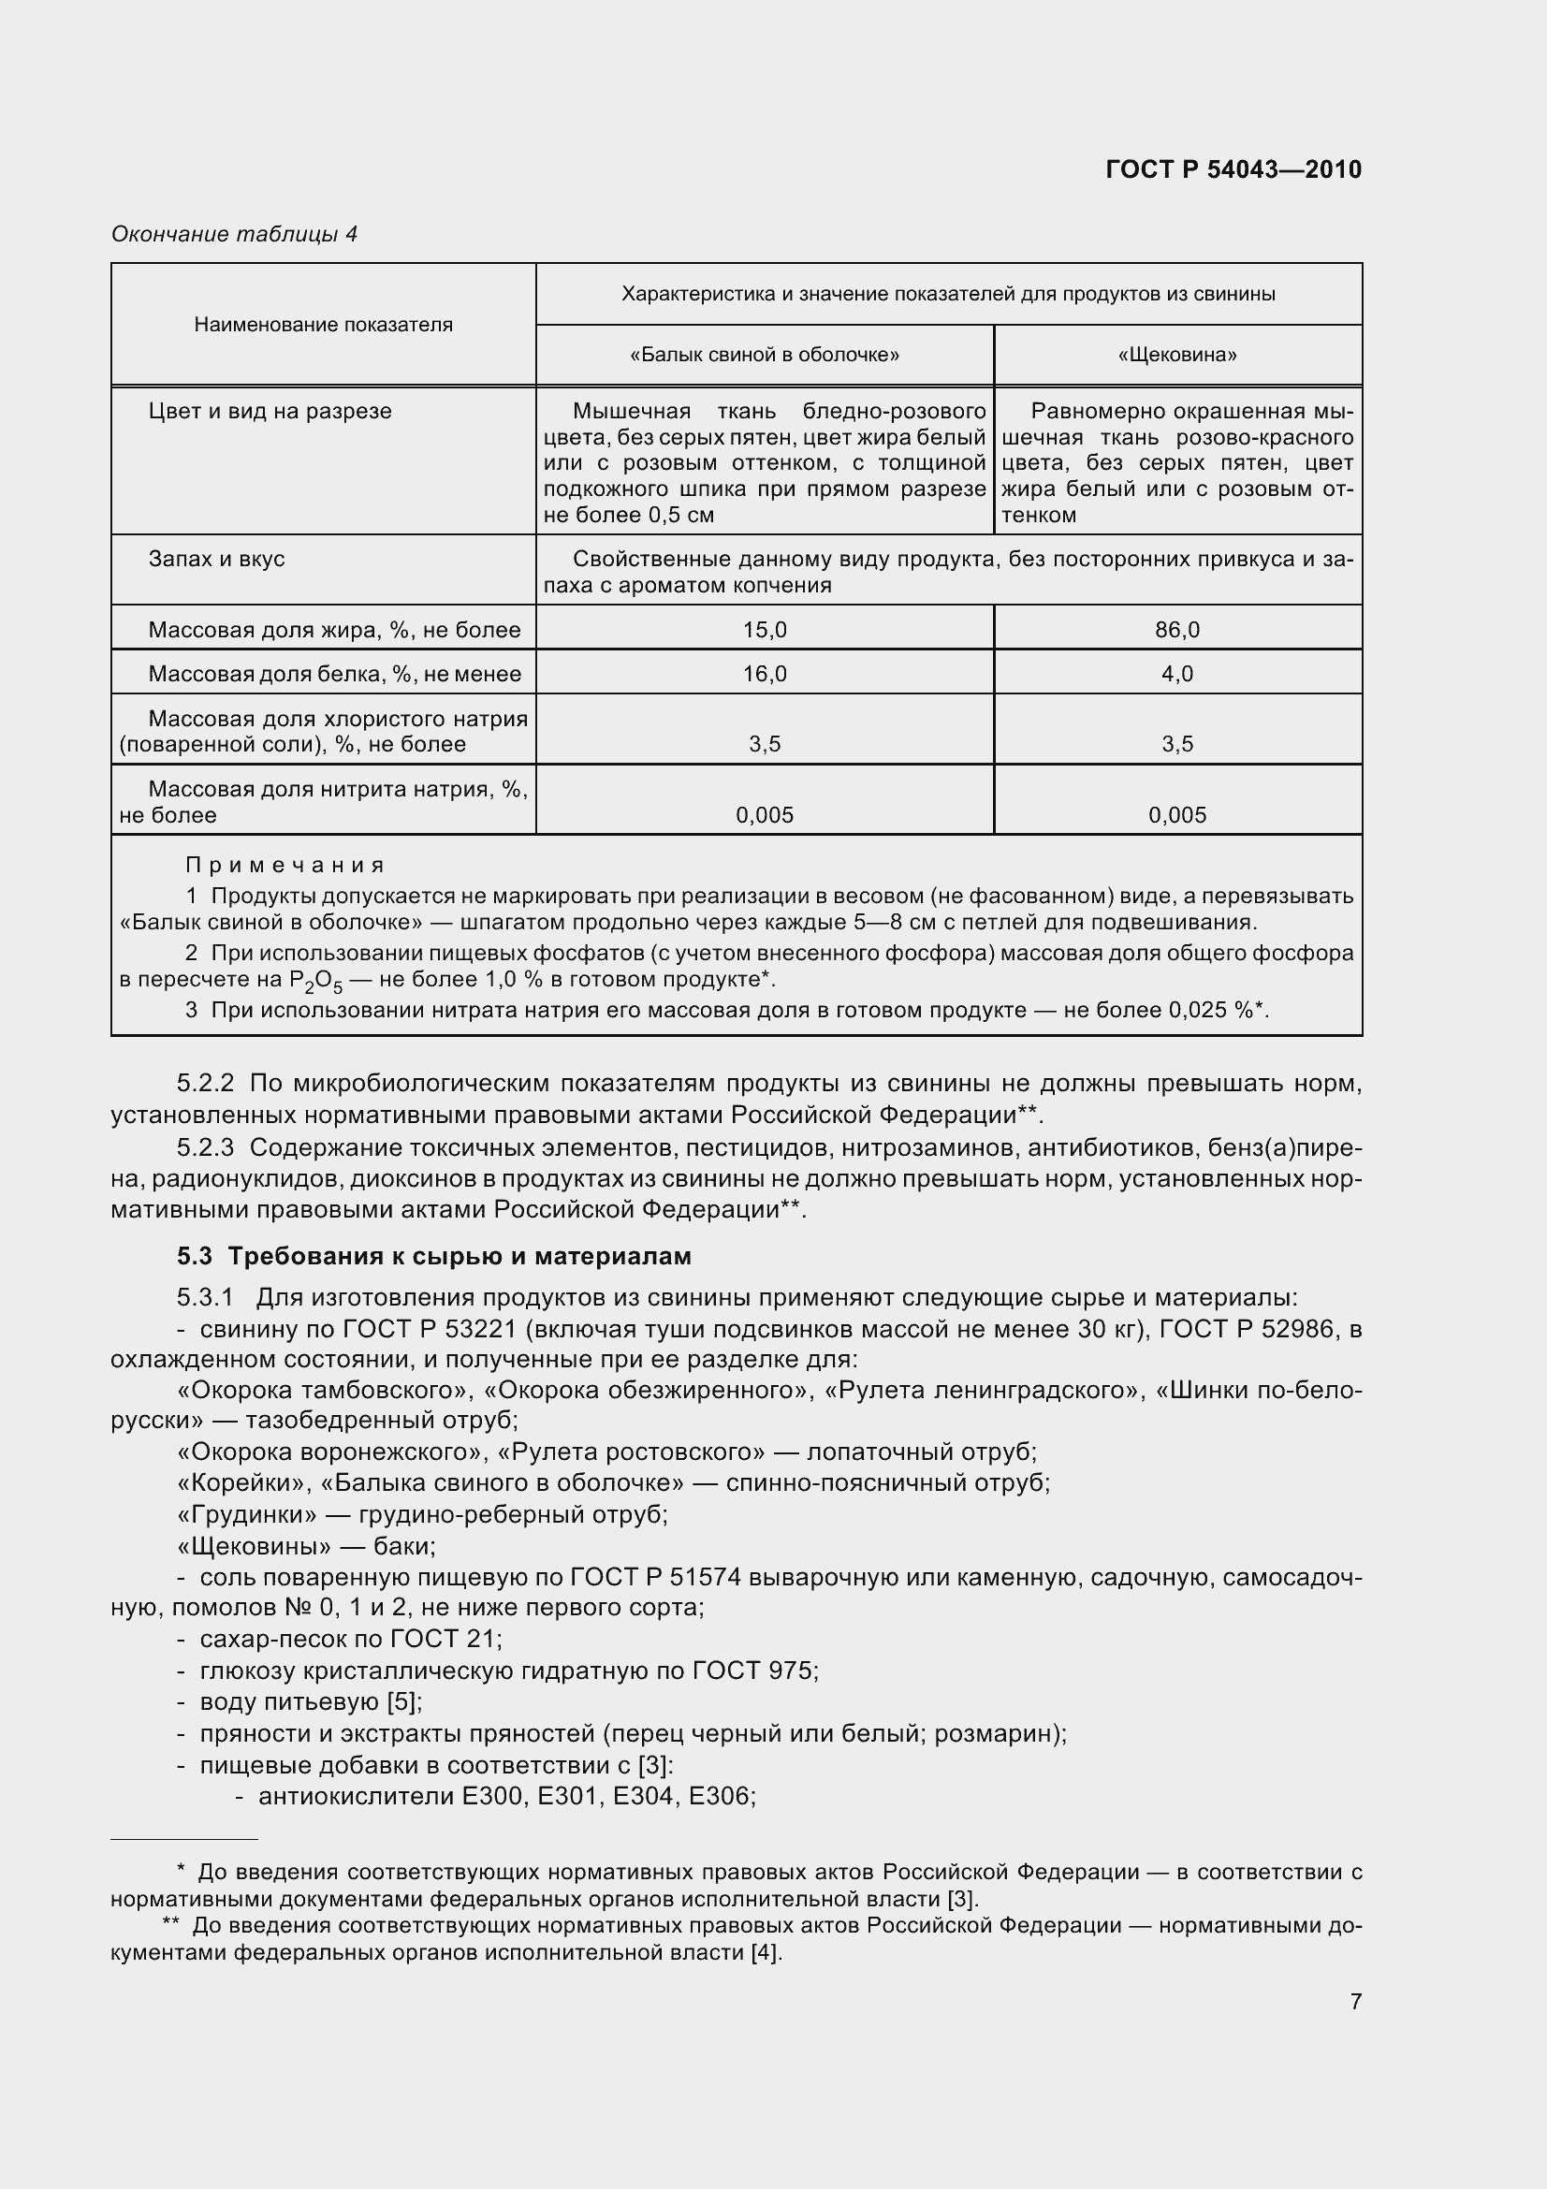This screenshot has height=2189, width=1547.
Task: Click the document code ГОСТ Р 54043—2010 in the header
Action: tap(1233, 169)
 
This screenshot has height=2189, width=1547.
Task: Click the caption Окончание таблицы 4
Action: tap(235, 234)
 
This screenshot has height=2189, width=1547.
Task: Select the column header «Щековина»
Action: tap(1177, 356)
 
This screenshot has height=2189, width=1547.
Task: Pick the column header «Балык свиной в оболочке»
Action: tap(765, 356)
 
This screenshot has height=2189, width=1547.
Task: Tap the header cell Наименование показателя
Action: tap(323, 324)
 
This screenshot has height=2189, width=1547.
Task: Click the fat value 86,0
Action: tap(1177, 629)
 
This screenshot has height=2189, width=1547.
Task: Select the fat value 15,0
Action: tap(765, 629)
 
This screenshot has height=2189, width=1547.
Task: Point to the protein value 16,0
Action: tap(765, 674)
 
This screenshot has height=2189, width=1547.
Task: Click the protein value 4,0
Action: tap(1177, 674)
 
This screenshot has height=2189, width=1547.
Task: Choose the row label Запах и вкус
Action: tap(216, 559)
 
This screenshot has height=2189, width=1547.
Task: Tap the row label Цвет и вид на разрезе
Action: tap(270, 412)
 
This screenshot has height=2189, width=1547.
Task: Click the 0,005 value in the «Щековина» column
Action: tap(1177, 815)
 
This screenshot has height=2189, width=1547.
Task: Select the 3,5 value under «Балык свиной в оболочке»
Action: tap(765, 745)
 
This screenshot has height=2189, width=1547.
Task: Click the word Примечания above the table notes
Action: tap(285, 865)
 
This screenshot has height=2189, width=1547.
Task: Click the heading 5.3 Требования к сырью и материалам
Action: tap(433, 1257)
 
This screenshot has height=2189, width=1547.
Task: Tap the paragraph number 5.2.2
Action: tap(205, 1083)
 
